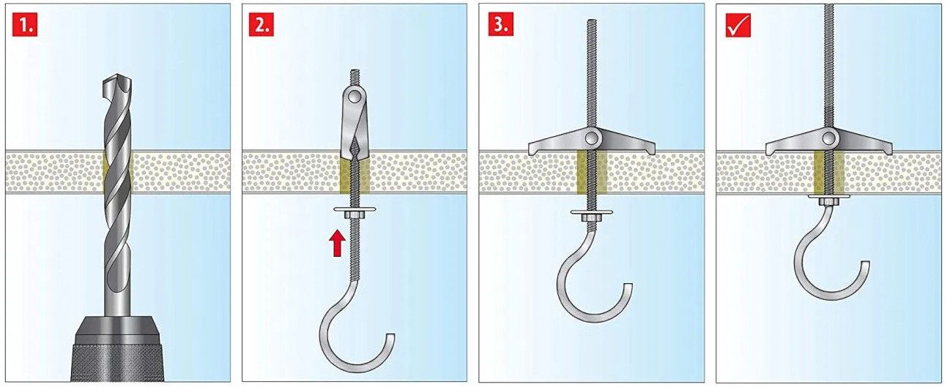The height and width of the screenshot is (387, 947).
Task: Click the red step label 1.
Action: point(25,24)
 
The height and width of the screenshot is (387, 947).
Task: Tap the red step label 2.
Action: point(261,24)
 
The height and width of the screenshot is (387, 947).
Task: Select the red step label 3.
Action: point(500,24)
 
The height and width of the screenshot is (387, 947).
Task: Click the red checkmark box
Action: point(738,24)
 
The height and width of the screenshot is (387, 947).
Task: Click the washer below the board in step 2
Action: point(354,208)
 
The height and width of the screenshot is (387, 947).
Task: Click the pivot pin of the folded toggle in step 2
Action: point(354,98)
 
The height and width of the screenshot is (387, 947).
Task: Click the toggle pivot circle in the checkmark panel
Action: point(828,138)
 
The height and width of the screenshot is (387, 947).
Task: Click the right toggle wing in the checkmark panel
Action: point(864,146)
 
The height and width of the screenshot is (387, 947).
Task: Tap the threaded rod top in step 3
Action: point(592,22)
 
